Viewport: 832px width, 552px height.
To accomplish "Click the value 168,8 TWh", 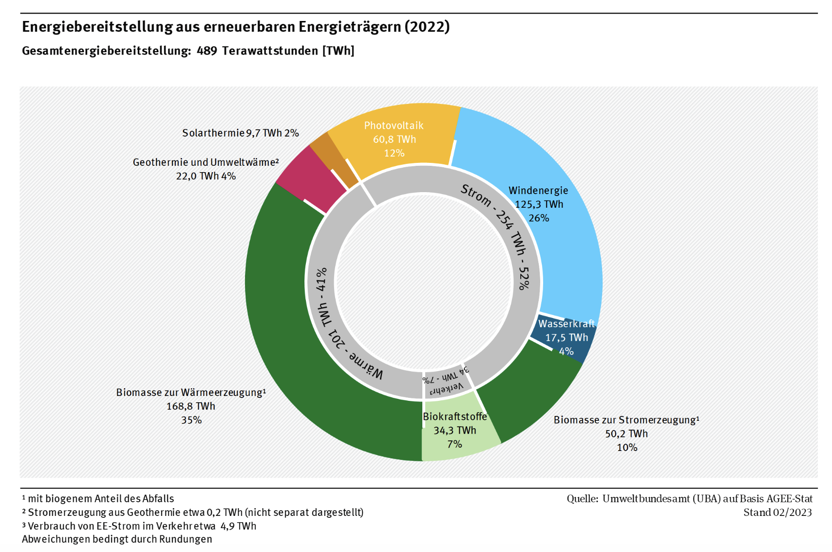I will tap(191, 406).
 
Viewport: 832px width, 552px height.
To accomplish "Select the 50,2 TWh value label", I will tap(626, 434).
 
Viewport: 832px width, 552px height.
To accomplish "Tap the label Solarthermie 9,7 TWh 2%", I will tap(240, 133).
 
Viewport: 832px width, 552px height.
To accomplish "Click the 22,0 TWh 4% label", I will tap(206, 176).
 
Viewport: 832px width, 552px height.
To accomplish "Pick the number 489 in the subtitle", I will tap(207, 51).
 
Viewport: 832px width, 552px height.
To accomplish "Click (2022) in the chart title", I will tap(427, 26).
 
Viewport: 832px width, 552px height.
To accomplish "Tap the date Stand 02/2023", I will tap(777, 512).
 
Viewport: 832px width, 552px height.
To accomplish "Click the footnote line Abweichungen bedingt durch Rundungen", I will tap(117, 539).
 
